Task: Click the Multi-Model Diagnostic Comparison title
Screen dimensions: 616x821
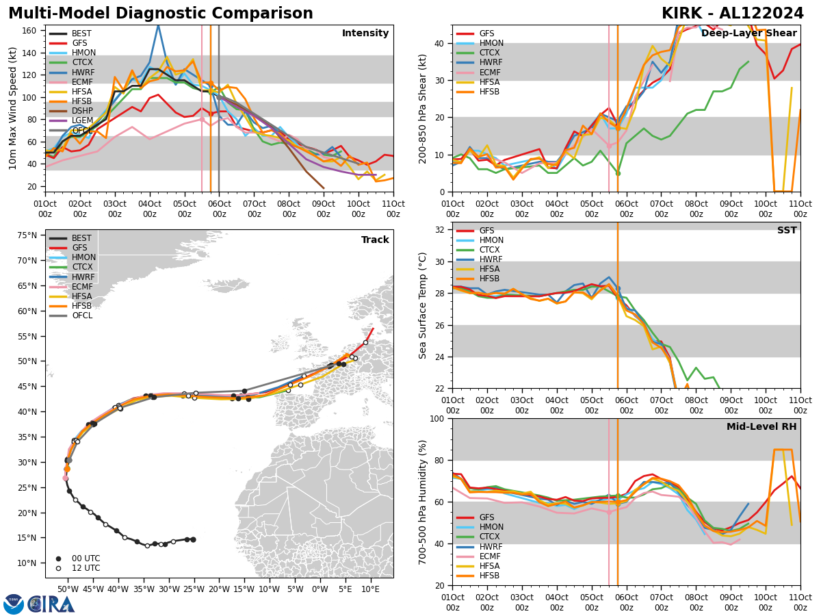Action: pos(161,14)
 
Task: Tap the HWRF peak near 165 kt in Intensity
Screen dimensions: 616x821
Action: pos(158,25)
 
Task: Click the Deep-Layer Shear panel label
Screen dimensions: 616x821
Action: pos(749,34)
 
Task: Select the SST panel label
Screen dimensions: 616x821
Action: pos(787,231)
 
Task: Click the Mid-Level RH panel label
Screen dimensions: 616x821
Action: pos(761,427)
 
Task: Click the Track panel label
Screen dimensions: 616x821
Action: pos(375,240)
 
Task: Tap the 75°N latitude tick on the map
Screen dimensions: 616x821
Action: pos(27,235)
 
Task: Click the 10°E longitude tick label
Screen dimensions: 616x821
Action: pos(370,589)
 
